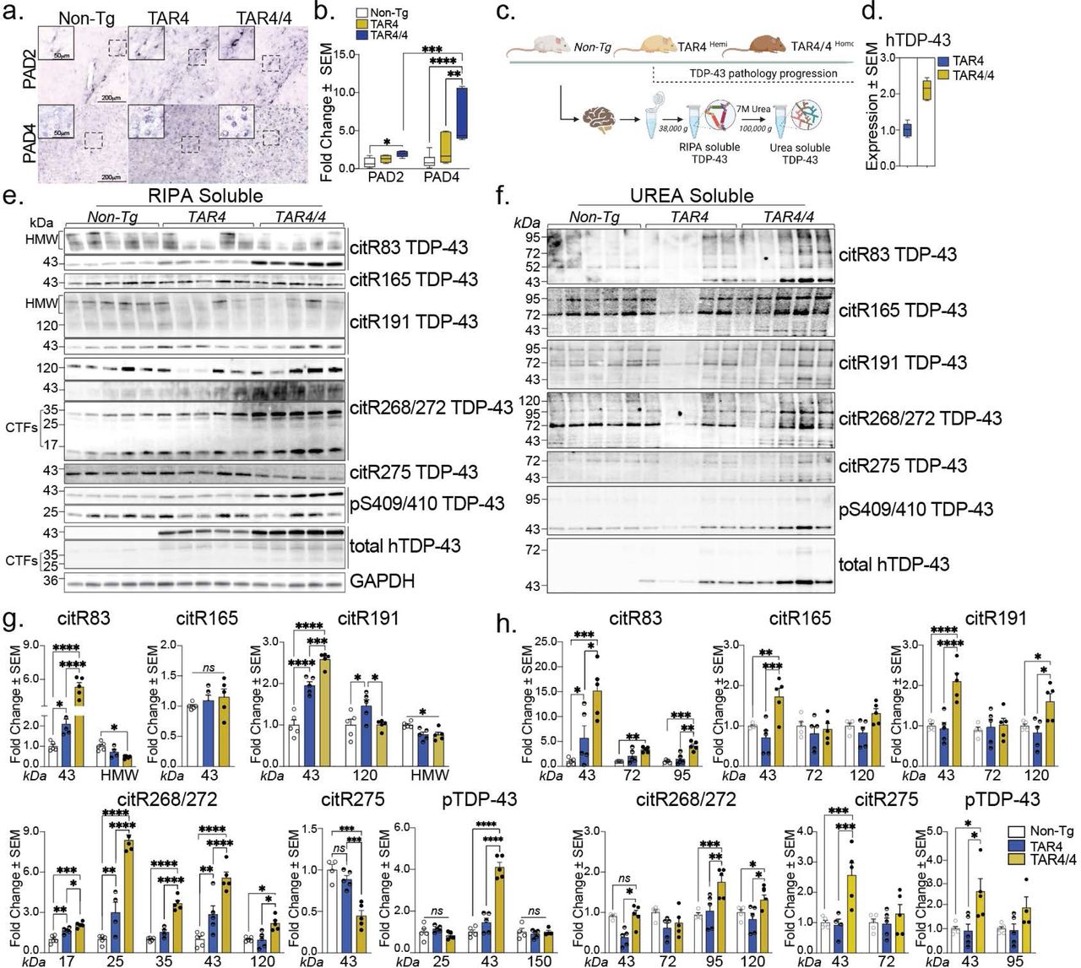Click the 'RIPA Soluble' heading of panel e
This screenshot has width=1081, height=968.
pos(205,196)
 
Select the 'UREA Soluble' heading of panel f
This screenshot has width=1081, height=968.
pos(691,196)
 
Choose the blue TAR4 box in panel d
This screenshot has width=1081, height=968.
pos(908,130)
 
